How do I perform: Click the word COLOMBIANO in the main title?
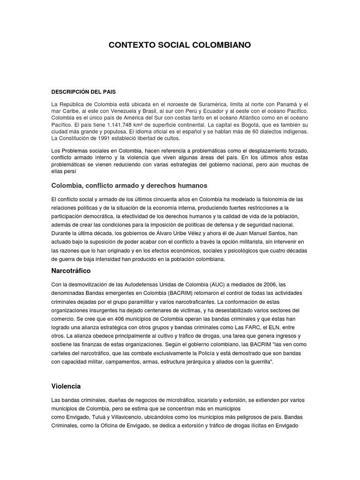[x=220, y=45]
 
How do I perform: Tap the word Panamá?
[x=286, y=104]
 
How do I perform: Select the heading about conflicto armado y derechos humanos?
[x=129, y=185]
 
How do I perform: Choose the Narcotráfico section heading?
[x=71, y=271]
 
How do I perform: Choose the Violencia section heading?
[x=66, y=386]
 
